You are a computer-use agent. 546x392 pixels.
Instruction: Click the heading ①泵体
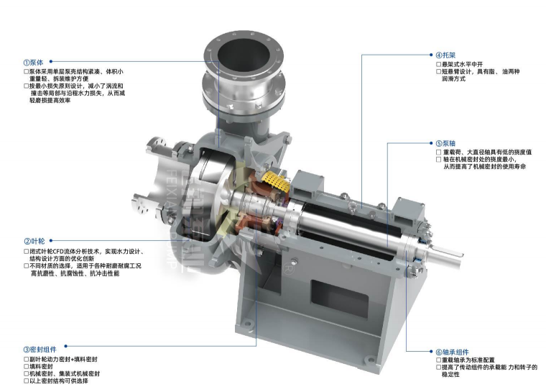(x=34, y=63)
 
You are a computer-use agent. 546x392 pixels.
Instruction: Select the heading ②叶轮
(x=34, y=241)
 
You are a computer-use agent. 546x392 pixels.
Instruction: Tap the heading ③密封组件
(x=40, y=350)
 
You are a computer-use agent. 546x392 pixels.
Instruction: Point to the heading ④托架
(x=445, y=55)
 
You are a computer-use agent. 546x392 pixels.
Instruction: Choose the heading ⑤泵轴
(x=445, y=143)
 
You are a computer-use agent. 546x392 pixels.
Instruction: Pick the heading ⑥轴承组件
(x=453, y=352)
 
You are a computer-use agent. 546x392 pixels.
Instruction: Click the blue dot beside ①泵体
(x=51, y=62)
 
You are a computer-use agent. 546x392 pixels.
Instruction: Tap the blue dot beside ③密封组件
(x=66, y=346)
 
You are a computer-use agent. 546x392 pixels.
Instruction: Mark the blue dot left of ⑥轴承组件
(x=432, y=352)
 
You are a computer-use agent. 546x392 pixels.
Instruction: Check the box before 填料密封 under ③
(x=26, y=367)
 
